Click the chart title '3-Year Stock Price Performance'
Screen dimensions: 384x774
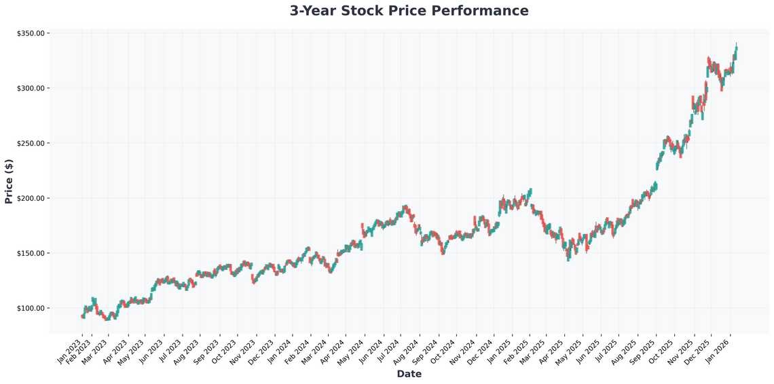coord(409,11)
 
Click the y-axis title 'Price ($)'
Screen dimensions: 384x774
coord(9,181)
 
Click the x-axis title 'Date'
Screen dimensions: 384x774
coord(409,374)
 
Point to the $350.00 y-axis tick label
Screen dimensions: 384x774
coord(31,33)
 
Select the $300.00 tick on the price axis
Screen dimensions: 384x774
coord(31,88)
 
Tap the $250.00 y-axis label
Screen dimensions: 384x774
coord(31,143)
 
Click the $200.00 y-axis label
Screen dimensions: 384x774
coord(31,198)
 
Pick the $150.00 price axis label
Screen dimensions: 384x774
coord(31,253)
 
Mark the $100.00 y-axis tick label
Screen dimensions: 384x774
coord(31,308)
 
